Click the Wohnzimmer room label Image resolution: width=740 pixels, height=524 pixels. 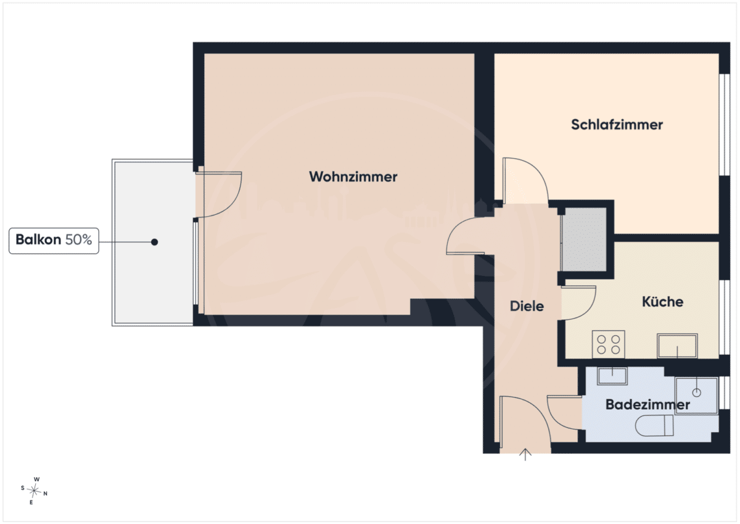(x=353, y=177)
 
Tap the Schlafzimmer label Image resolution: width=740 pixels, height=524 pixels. (x=617, y=125)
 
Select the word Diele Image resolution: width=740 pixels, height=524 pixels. (x=527, y=306)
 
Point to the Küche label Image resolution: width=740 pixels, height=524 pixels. (x=662, y=302)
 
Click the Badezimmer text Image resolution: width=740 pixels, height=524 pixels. (x=647, y=404)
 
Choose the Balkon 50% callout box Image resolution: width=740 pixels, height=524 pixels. (x=54, y=241)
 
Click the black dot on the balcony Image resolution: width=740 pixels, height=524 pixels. (x=154, y=242)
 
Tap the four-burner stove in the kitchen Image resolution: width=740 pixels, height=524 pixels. (x=608, y=344)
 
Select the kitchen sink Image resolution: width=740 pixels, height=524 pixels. (x=677, y=346)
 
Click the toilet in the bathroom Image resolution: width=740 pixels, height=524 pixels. (x=654, y=425)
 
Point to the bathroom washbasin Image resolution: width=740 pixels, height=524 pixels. (x=612, y=376)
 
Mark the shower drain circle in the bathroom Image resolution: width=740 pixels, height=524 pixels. (x=696, y=393)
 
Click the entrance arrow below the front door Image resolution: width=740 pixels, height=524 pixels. (x=525, y=454)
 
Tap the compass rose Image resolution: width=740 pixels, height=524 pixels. (x=34, y=491)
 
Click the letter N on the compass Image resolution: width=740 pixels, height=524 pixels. (x=45, y=494)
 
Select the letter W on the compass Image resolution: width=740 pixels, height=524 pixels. (x=36, y=479)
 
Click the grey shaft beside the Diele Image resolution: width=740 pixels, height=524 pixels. (x=584, y=239)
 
